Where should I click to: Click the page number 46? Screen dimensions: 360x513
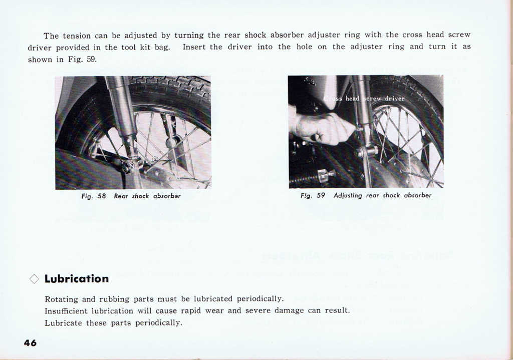coord(30,343)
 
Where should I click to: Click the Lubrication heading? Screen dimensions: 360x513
coord(76,279)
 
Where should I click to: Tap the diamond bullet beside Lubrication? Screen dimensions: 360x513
coord(34,279)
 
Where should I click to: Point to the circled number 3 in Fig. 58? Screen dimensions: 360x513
coord(155,159)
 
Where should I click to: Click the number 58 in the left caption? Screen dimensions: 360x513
coord(102,196)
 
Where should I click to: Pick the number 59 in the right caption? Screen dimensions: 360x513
coord(321,196)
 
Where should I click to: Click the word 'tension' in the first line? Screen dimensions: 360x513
coord(78,36)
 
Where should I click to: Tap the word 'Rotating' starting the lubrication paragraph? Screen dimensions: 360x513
coord(62,299)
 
